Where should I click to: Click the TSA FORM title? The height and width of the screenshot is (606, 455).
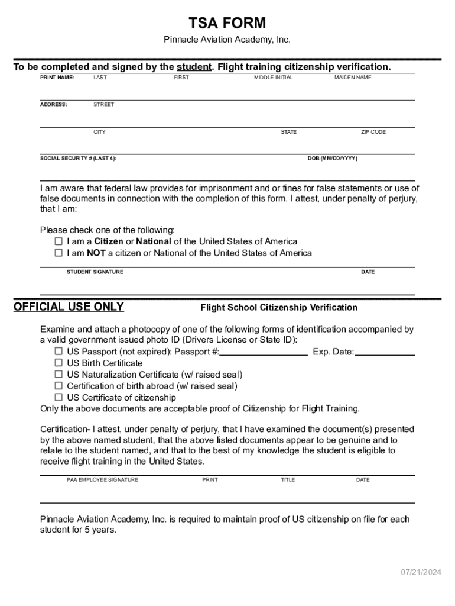[227, 23]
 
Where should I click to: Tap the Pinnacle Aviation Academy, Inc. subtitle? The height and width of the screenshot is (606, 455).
[227, 40]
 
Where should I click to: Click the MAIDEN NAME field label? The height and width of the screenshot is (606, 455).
[353, 78]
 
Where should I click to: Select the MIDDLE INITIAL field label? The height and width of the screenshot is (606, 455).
[273, 78]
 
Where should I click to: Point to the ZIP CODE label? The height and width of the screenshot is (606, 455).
[373, 132]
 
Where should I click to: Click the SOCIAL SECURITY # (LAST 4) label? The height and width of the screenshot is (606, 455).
[78, 159]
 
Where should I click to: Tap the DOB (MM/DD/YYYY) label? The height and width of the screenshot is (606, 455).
[332, 159]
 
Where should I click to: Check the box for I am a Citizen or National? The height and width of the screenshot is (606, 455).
[58, 241]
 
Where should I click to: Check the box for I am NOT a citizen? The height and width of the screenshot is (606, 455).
[58, 253]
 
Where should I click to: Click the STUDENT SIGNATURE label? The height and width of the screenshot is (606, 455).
[95, 272]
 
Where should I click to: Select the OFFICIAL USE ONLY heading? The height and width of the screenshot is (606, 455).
[69, 307]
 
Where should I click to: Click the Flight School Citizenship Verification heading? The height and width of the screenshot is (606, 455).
[279, 308]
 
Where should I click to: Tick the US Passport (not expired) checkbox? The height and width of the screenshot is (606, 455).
[58, 352]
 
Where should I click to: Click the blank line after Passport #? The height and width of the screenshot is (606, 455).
[264, 352]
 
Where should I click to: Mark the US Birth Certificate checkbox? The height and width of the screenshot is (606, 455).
[58, 363]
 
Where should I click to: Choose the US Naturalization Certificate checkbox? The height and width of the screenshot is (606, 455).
[58, 375]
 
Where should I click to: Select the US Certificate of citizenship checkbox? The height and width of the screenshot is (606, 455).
[58, 398]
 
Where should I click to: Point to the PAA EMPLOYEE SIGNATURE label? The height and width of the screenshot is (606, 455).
[102, 480]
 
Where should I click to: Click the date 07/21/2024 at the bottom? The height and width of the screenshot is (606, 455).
[421, 572]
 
